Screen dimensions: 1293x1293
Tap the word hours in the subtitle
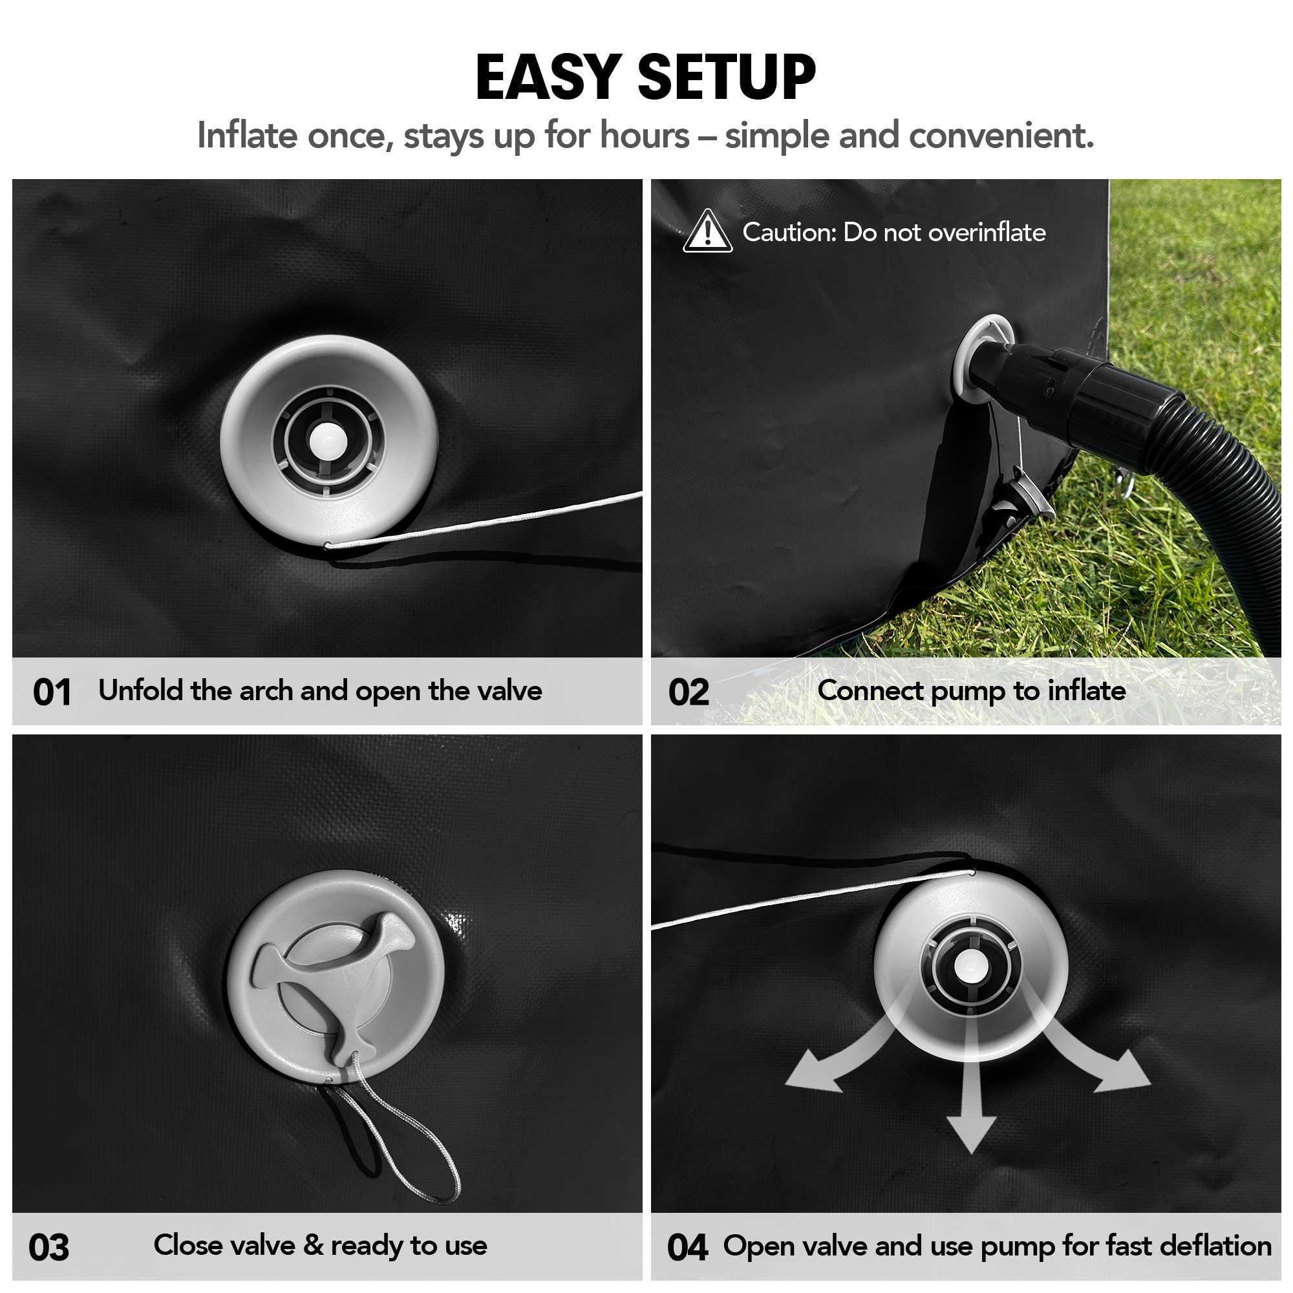click(644, 135)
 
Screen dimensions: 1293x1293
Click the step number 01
click(52, 692)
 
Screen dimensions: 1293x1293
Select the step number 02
click(689, 692)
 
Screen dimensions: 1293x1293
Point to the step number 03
click(49, 1248)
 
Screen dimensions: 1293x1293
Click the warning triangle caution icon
click(707, 231)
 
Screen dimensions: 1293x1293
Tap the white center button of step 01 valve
click(328, 440)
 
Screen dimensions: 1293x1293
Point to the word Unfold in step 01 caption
click(140, 690)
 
